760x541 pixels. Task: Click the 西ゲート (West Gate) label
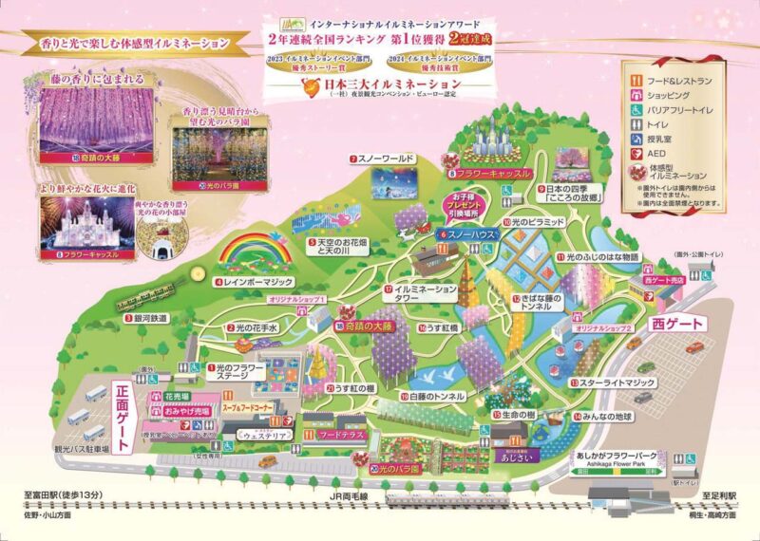coord(677,324)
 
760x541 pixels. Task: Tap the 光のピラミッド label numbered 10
coord(537,220)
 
